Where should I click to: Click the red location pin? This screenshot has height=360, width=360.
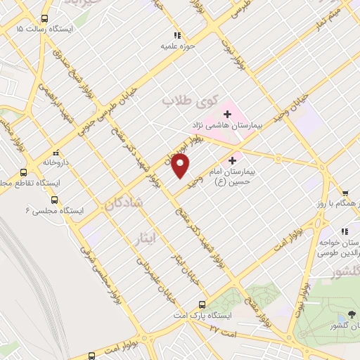[x=181, y=166]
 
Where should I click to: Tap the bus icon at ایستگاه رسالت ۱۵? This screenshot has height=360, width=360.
[x=46, y=18]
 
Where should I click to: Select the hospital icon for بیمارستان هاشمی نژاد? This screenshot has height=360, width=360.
[x=227, y=112]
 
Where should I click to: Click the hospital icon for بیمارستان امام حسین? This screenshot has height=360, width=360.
[x=233, y=160]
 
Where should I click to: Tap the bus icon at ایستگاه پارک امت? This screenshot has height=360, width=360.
[x=202, y=304]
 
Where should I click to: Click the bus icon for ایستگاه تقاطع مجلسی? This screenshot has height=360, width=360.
[x=23, y=172]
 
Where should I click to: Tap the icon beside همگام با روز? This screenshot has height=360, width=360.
[x=345, y=195]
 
